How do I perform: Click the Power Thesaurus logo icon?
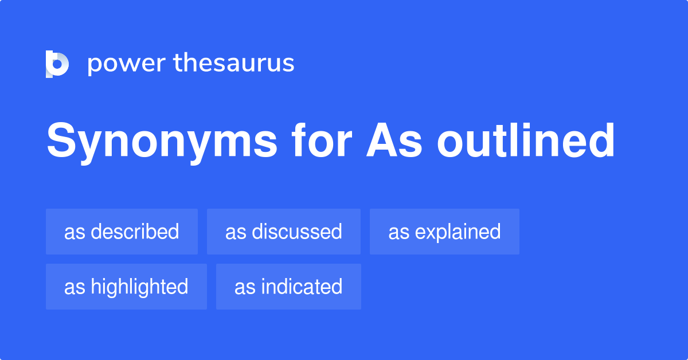57,64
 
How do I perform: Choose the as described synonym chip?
122,232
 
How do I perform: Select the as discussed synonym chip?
283,232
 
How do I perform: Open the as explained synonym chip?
444,232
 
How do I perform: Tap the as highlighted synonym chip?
126,287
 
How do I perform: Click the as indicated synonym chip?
288,287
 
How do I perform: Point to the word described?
135,232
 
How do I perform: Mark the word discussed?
297,232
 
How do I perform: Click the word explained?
458,232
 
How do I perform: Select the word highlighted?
139,287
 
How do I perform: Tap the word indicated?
302,287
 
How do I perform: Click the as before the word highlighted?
75,287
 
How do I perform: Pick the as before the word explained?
398,232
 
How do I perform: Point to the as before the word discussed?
236,232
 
